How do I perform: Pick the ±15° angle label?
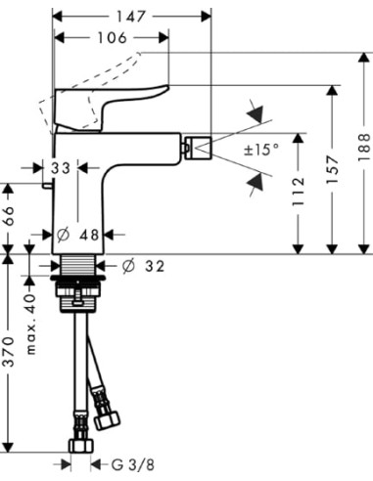point(261,150)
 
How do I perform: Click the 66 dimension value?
point(10,214)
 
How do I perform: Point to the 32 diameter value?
point(155,265)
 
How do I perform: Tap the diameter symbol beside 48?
point(63,236)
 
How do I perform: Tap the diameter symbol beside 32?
point(128,265)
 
